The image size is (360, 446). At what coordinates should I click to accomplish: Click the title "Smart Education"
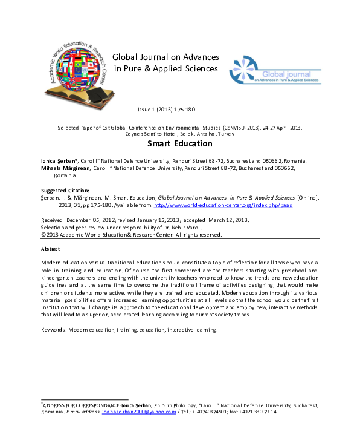pyautogui.click(x=180, y=144)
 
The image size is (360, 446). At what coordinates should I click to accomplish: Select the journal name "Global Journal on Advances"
pyautogui.click(x=166, y=57)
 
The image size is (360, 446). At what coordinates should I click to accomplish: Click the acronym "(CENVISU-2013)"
pyautogui.click(x=225, y=128)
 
